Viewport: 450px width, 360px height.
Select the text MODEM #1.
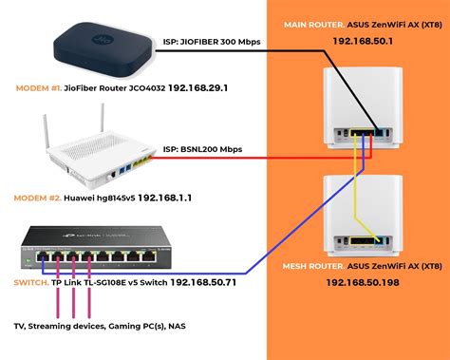pos(41,88)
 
